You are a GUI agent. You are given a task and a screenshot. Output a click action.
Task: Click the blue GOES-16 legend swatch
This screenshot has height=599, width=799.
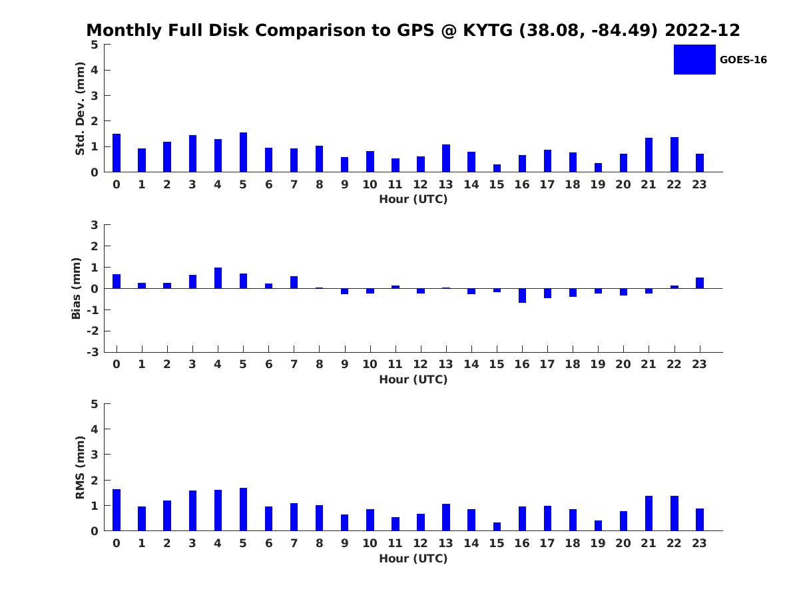click(694, 60)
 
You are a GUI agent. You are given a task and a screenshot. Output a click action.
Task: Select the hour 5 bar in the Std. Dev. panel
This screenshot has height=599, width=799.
click(243, 152)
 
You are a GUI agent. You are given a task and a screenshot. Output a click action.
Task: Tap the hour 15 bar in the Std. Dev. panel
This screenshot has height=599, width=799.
click(497, 168)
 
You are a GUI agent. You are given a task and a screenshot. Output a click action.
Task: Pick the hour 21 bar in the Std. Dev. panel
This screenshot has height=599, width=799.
click(649, 155)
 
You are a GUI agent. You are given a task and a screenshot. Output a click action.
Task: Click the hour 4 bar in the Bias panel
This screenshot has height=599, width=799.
click(218, 278)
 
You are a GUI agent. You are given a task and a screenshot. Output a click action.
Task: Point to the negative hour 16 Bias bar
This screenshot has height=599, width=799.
click(523, 296)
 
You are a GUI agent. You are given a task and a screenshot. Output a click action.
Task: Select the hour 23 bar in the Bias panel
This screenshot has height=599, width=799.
click(700, 283)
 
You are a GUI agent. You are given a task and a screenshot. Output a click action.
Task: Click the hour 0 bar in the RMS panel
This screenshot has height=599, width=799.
click(117, 510)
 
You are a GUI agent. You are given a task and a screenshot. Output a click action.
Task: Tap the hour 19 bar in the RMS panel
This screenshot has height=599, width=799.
click(598, 526)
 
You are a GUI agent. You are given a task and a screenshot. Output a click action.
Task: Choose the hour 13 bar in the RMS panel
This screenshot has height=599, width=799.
click(446, 517)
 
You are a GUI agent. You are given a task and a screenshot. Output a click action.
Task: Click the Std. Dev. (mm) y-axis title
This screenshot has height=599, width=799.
click(80, 108)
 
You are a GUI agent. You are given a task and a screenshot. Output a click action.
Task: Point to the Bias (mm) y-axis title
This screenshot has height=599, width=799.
click(76, 288)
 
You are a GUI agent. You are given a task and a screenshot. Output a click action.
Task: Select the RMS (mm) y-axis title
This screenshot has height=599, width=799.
click(80, 468)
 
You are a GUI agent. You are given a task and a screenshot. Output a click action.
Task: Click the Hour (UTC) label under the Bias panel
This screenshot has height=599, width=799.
click(413, 379)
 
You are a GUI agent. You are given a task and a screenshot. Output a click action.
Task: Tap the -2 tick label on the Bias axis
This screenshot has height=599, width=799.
click(93, 331)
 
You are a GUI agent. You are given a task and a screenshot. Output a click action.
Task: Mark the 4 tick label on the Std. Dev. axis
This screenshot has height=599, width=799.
click(95, 70)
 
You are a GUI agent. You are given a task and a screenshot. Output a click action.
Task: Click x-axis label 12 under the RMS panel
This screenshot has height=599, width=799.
click(420, 543)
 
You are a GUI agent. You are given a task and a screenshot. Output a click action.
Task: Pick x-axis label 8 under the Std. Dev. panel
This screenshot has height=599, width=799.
click(319, 184)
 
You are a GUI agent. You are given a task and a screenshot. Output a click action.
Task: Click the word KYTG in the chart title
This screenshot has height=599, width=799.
click(488, 30)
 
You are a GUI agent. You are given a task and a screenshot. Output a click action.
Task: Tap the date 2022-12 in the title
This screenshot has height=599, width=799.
click(702, 30)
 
